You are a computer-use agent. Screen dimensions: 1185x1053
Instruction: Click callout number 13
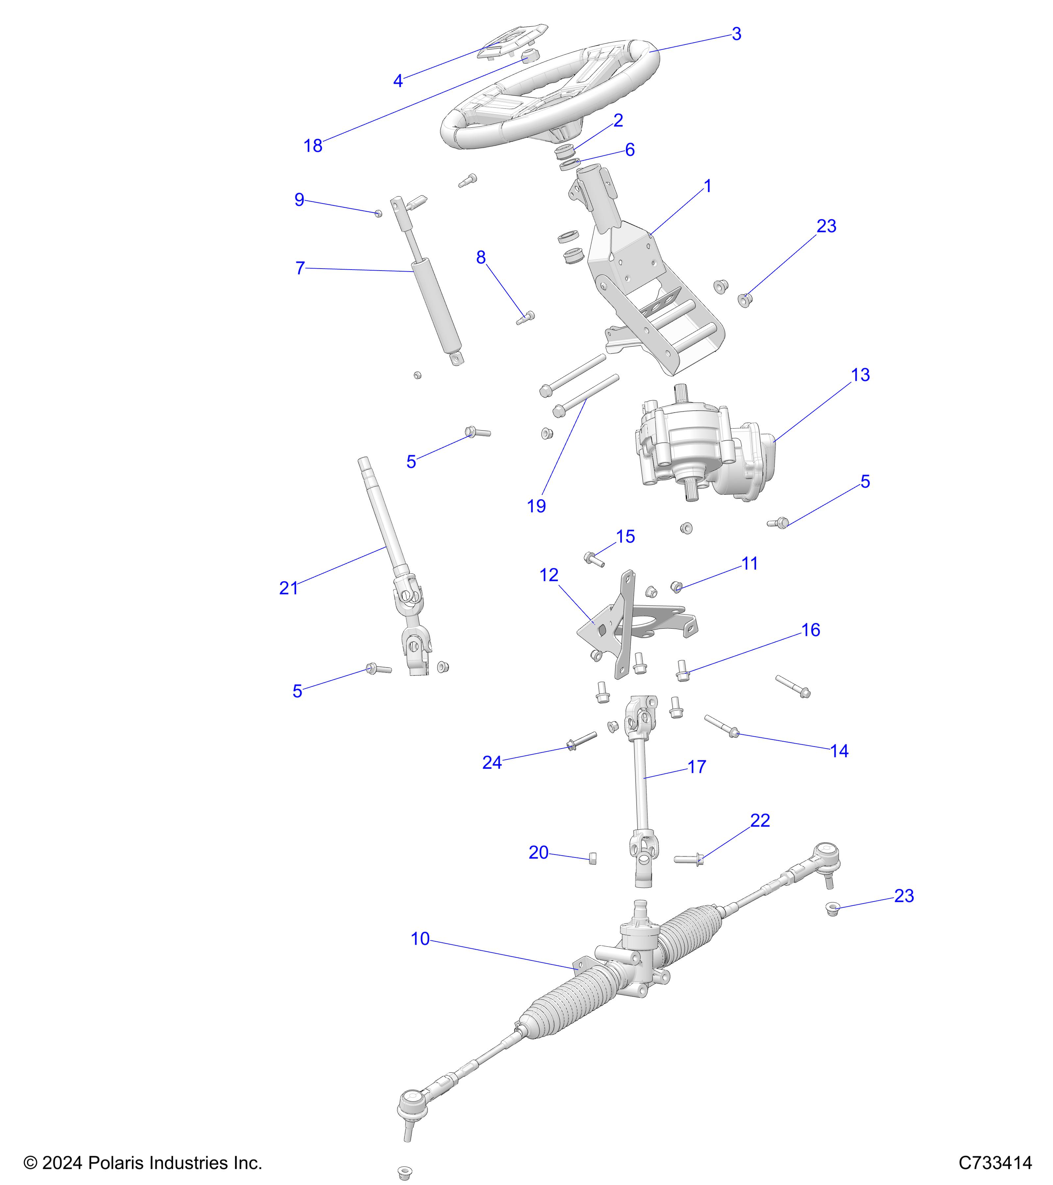(x=860, y=375)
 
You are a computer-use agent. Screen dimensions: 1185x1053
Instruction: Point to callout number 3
(x=736, y=34)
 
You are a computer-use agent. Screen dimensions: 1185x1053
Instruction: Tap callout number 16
(x=810, y=630)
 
